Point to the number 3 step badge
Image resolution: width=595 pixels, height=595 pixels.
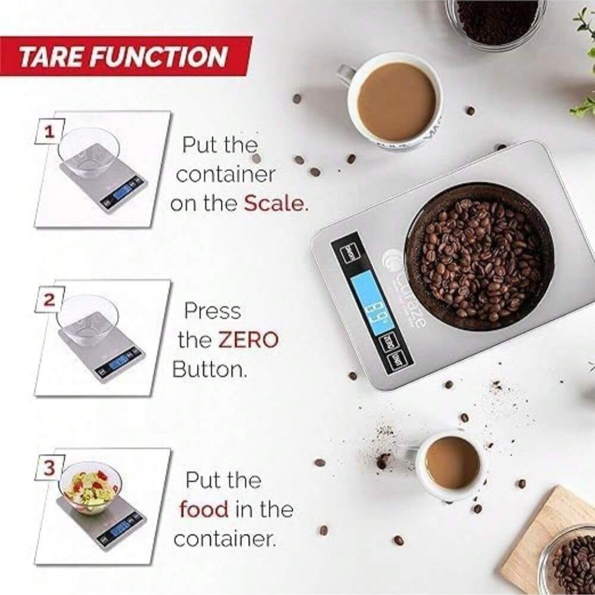(x=49, y=468)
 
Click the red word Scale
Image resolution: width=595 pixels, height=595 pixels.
(x=275, y=203)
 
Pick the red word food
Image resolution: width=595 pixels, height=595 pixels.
(x=203, y=509)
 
